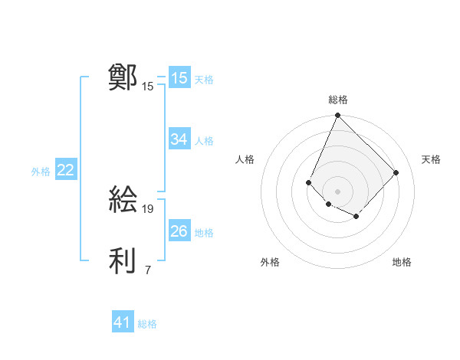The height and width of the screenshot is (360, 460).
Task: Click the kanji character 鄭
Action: coord(123,78)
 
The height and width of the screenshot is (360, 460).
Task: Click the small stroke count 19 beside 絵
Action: coord(148,208)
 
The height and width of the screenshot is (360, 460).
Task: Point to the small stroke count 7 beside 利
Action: coord(148,270)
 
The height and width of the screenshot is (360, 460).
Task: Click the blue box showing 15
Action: coord(179,78)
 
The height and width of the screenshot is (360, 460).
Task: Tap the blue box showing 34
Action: coord(179,139)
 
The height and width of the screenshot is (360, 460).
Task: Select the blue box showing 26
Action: coord(179,231)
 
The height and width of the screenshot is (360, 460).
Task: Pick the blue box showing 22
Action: coord(65,170)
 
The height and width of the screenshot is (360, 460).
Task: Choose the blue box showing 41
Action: coord(122,322)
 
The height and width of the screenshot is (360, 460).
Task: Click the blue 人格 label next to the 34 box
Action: coord(204,141)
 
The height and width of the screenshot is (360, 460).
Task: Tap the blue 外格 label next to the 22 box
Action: coord(41,172)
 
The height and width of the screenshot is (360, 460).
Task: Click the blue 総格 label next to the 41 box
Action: coord(147,324)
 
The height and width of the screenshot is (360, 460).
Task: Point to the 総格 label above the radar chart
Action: coord(337,100)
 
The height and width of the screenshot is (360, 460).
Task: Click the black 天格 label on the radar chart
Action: coord(431,159)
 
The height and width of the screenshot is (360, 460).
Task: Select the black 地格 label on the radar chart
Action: coord(402,262)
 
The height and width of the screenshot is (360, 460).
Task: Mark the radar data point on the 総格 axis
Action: coord(337,116)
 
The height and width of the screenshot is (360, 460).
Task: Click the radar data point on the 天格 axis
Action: coord(396,172)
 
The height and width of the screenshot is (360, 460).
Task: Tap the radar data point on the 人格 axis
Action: coord(308,182)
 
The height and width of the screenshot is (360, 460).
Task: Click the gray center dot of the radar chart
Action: coord(337,191)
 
